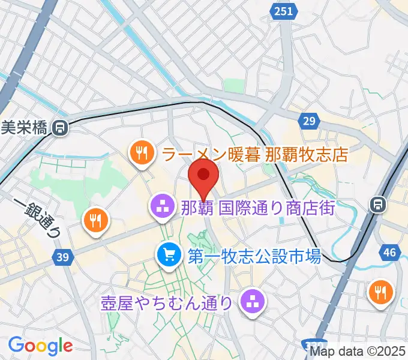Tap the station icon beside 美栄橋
click(x=59, y=127)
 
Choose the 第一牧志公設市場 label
click(x=253, y=257)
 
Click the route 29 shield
click(x=309, y=122)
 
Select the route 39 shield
click(x=61, y=257)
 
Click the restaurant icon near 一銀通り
click(x=96, y=221)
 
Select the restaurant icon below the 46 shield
click(x=381, y=292)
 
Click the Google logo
click(x=40, y=346)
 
